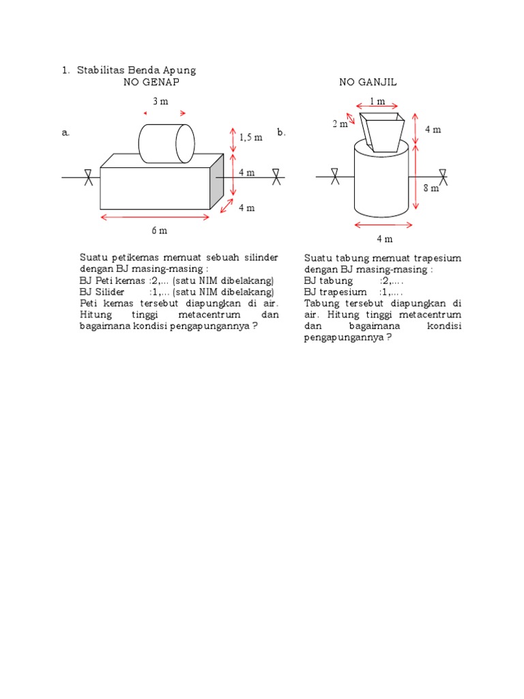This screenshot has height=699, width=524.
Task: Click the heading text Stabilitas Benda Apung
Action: [x=136, y=70]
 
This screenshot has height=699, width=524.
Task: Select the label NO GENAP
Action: [x=151, y=82]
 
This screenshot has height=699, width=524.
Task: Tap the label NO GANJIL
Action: [x=368, y=82]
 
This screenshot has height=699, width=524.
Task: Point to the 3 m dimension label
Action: [x=160, y=102]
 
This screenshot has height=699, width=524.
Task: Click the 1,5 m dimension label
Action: [x=250, y=137]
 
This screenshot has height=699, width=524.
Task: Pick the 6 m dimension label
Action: [x=159, y=231]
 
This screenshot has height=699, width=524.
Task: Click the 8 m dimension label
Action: [x=431, y=188]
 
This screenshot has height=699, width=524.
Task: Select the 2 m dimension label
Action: [x=339, y=124]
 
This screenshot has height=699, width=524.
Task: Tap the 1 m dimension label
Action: [x=377, y=102]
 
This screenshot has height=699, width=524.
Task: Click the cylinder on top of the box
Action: [x=166, y=143]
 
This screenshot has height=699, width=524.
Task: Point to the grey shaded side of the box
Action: [x=217, y=181]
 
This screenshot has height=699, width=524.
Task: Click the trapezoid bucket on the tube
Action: [x=383, y=132]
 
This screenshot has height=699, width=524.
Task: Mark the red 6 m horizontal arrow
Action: [x=156, y=217]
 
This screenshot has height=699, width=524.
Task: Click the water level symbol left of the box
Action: [x=88, y=177]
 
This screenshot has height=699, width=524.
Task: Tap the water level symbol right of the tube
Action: [x=443, y=177]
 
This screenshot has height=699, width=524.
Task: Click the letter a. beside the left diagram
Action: [x=66, y=134]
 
